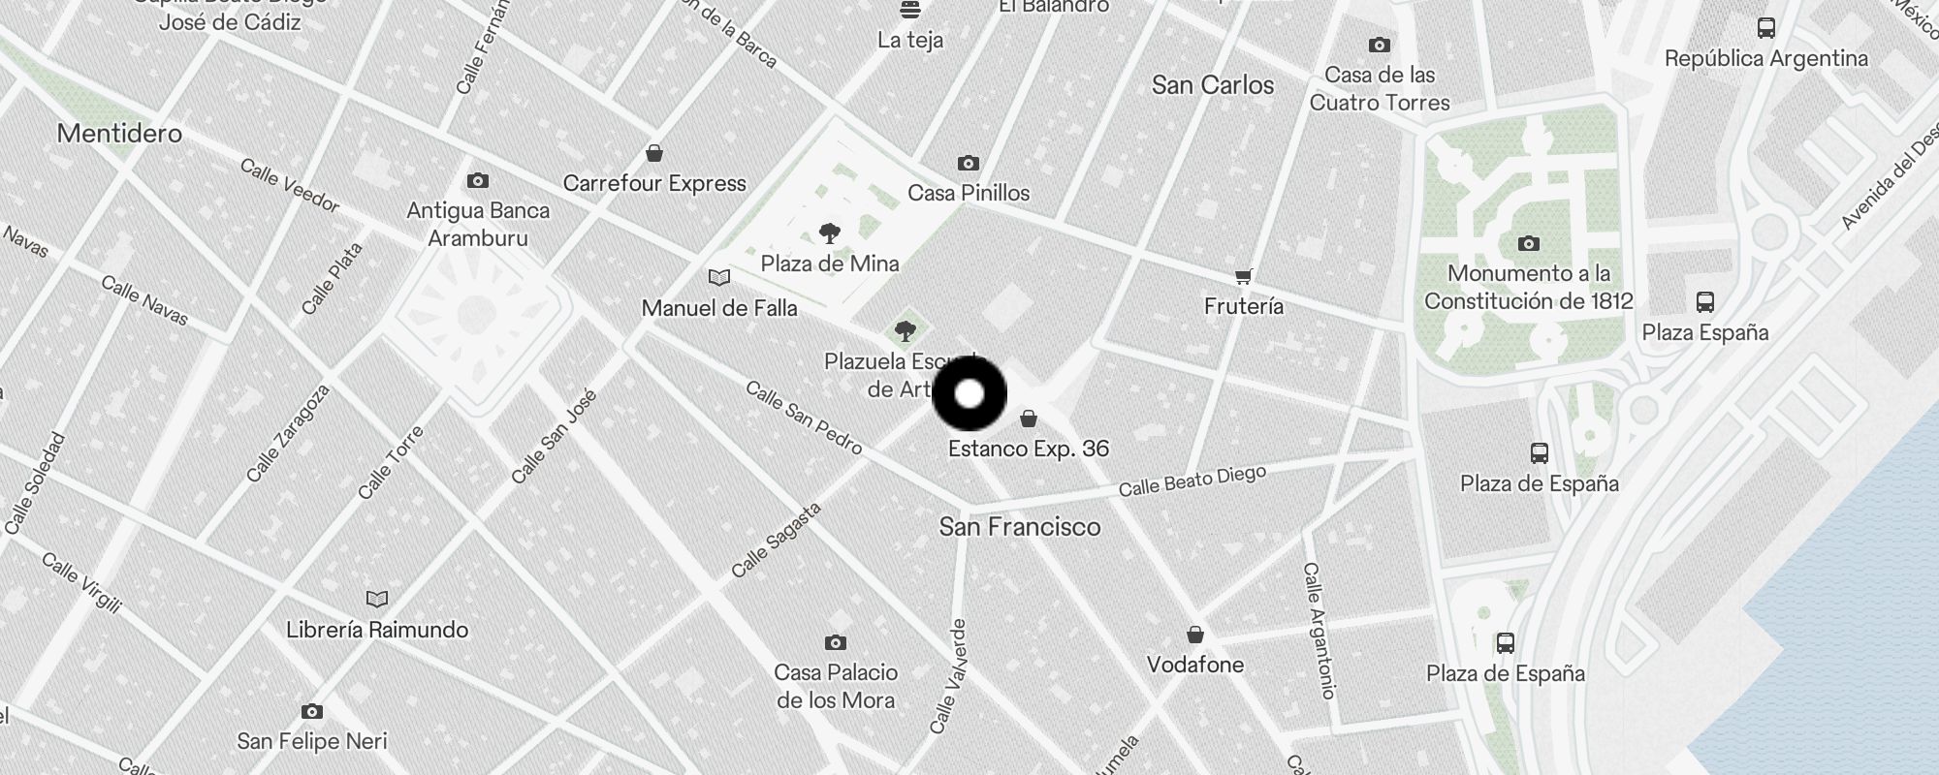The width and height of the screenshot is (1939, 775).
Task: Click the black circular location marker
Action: click(969, 394)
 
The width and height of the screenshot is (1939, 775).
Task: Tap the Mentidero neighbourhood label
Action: click(119, 133)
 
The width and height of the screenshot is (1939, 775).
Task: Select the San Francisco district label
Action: click(1020, 527)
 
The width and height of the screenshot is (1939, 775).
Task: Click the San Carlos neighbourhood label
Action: click(1213, 85)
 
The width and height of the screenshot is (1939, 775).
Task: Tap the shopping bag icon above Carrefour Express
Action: click(654, 153)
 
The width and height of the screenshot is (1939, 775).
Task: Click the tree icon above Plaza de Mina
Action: click(829, 233)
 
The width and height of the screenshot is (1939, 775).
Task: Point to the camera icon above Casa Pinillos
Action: click(968, 163)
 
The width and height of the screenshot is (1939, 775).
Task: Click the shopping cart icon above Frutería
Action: click(1243, 277)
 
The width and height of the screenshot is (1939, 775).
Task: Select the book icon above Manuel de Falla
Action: click(718, 278)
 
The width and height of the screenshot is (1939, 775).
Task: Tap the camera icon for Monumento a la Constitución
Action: click(1528, 243)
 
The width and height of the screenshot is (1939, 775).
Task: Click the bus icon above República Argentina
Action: click(1765, 28)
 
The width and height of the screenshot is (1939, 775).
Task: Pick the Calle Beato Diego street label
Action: click(1192, 480)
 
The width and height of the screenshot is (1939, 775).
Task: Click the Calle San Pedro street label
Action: click(804, 418)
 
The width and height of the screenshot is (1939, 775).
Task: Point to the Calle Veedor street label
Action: click(289, 185)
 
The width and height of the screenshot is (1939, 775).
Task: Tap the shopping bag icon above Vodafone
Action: click(1195, 635)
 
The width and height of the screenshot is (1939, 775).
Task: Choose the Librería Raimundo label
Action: click(377, 630)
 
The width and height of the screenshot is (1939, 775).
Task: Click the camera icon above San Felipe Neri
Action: click(311, 711)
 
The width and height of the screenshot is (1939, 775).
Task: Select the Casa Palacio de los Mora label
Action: click(836, 686)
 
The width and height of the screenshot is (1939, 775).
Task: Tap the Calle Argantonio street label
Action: click(1319, 630)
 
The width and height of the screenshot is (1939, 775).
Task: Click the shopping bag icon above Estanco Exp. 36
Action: click(1029, 418)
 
